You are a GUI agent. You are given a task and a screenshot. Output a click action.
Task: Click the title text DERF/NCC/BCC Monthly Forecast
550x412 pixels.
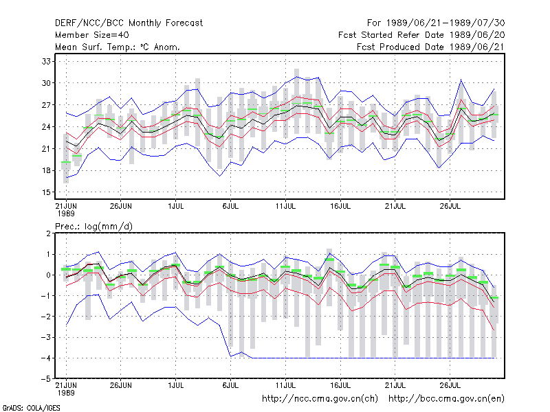click(129, 23)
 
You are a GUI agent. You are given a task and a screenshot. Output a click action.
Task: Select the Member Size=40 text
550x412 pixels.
click(92, 35)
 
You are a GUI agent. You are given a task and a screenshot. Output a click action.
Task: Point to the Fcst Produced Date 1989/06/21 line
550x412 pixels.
click(430, 47)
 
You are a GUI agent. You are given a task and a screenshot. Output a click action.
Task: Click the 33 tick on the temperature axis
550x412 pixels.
click(46, 62)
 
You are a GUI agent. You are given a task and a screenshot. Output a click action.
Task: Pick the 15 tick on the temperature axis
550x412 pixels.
click(46, 192)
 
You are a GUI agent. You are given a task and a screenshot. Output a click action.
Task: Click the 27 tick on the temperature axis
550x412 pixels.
click(46, 105)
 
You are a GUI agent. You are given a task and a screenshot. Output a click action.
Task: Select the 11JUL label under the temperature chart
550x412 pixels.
click(285, 206)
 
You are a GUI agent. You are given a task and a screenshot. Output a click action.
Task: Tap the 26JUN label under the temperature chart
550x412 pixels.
click(121, 206)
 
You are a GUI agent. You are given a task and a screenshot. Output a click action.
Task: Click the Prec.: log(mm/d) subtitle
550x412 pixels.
click(93, 227)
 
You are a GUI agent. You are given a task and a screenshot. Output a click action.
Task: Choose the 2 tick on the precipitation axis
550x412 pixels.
click(48, 233)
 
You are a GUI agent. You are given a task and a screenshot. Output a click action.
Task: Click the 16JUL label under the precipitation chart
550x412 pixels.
click(340, 385)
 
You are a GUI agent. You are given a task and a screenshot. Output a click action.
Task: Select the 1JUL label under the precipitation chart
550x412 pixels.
click(176, 385)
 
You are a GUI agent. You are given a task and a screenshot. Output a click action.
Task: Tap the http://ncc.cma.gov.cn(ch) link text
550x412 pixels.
click(320, 399)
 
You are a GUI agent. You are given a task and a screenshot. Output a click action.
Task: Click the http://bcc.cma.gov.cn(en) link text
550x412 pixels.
click(446, 399)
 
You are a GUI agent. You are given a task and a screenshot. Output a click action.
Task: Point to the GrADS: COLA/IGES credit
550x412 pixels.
click(31, 408)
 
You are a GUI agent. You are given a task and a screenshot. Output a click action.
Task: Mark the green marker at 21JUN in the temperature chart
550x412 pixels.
click(66, 162)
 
